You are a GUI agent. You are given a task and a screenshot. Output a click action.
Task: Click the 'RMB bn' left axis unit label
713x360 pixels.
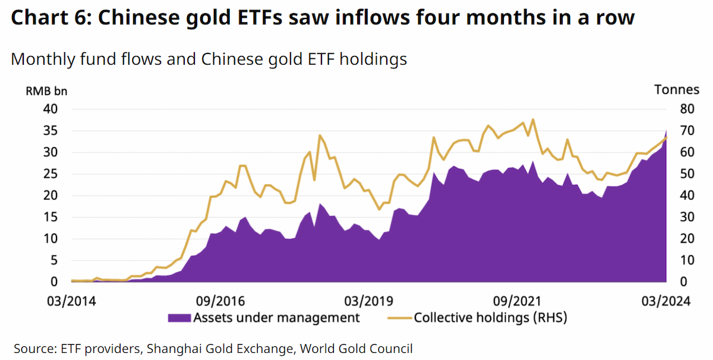[x=46, y=91]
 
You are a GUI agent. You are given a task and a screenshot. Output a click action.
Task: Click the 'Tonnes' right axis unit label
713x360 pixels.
[x=677, y=90]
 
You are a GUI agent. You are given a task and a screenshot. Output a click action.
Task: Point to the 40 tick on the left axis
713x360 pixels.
[x=51, y=109]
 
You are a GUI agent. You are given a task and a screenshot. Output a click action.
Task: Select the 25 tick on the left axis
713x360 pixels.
[x=51, y=174]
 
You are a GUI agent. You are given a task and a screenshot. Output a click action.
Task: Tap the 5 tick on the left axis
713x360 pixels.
[x=54, y=260]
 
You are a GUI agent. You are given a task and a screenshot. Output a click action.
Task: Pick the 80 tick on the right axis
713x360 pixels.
[x=687, y=109]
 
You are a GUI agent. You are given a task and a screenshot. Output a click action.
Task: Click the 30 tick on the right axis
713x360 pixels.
[x=687, y=217]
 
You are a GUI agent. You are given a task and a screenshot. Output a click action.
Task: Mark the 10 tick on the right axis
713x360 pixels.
[x=687, y=260]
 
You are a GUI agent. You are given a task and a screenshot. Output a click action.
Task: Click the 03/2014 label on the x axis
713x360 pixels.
[x=72, y=301]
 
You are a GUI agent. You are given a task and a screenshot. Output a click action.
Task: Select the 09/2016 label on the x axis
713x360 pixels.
[x=220, y=301]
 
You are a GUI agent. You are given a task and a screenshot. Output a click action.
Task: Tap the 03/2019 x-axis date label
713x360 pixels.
[x=369, y=301]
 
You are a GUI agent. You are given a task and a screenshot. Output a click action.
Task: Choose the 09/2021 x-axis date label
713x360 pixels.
[x=518, y=301]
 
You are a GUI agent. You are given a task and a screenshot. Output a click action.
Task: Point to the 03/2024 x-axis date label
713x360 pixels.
[x=666, y=301]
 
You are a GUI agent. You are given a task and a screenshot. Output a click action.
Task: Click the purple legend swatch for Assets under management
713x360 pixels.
[x=179, y=318]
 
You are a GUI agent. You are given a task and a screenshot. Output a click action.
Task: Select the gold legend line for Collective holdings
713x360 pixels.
[x=399, y=318]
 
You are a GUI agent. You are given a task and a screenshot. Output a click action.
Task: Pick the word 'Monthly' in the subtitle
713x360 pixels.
[x=43, y=59]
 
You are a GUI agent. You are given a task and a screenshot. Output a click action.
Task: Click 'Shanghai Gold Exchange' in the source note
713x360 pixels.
[x=220, y=349]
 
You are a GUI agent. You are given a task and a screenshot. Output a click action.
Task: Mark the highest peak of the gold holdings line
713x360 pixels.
[x=533, y=119]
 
